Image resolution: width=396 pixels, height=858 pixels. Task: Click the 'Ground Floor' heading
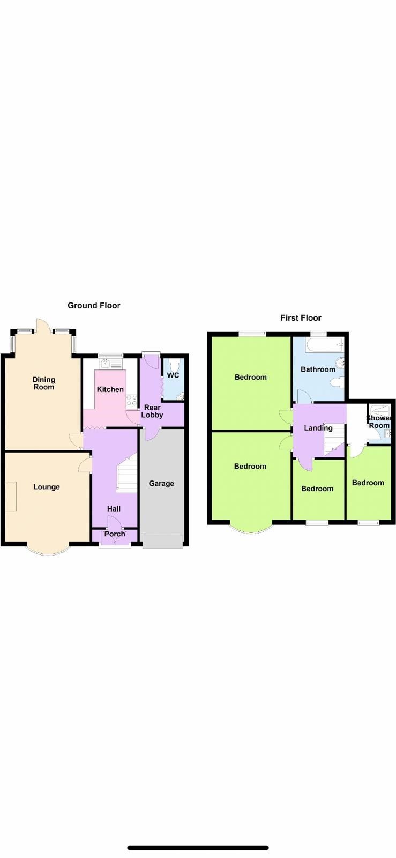pyautogui.click(x=94, y=306)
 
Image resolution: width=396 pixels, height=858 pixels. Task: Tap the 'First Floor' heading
pyautogui.click(x=301, y=318)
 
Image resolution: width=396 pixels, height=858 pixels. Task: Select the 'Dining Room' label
pyautogui.click(x=44, y=383)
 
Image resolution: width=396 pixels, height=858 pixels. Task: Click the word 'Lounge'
pyautogui.click(x=47, y=487)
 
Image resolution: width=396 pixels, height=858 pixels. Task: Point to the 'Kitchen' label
pyautogui.click(x=110, y=389)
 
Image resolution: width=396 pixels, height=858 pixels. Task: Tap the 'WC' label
pyautogui.click(x=173, y=375)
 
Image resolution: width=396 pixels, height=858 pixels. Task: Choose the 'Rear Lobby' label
pyautogui.click(x=152, y=411)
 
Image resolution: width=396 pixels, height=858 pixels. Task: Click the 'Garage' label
pyautogui.click(x=161, y=483)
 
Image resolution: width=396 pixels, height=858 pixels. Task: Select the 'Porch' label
pyautogui.click(x=115, y=534)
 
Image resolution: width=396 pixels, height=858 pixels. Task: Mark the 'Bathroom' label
pyautogui.click(x=318, y=369)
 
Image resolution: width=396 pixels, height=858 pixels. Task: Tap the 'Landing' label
pyautogui.click(x=318, y=428)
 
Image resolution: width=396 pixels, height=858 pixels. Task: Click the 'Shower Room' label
pyautogui.click(x=379, y=421)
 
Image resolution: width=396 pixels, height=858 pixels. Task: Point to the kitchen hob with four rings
pyautogui.click(x=131, y=400)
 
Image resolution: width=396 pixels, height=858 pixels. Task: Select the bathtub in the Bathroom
pyautogui.click(x=325, y=344)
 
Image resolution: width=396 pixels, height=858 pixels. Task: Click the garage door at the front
pyautogui.click(x=163, y=542)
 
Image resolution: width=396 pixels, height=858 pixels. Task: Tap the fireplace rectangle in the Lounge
pyautogui.click(x=11, y=496)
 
